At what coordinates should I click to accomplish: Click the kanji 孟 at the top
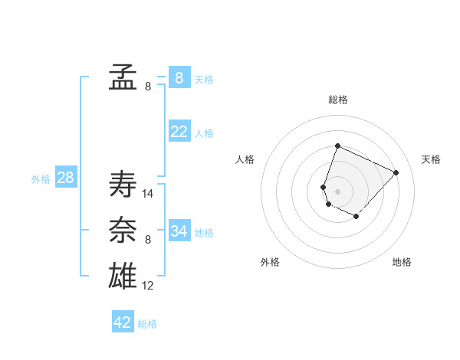pyautogui.click(x=123, y=77)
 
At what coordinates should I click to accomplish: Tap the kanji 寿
pyautogui.click(x=123, y=185)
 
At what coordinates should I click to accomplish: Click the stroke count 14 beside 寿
pyautogui.click(x=148, y=194)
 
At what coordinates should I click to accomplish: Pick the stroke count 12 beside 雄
pyautogui.click(x=148, y=286)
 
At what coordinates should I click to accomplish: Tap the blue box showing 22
pyautogui.click(x=179, y=132)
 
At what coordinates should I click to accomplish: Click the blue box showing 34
pyautogui.click(x=179, y=231)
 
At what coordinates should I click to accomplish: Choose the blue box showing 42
pyautogui.click(x=123, y=322)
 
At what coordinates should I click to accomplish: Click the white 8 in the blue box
pyautogui.click(x=179, y=77)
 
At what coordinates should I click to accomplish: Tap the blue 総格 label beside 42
pyautogui.click(x=147, y=324)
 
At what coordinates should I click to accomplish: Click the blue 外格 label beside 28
pyautogui.click(x=41, y=179)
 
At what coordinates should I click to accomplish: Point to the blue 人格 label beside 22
pyautogui.click(x=204, y=133)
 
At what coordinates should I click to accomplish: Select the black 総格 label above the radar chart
pyautogui.click(x=338, y=100)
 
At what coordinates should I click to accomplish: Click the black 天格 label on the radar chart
pyautogui.click(x=432, y=159)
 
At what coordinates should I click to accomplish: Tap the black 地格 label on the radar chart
pyautogui.click(x=402, y=262)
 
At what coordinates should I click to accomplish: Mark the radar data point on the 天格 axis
pyautogui.click(x=396, y=172)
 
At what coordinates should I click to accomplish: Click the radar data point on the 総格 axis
pyautogui.click(x=337, y=146)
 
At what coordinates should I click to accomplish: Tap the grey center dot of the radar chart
pyautogui.click(x=337, y=191)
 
